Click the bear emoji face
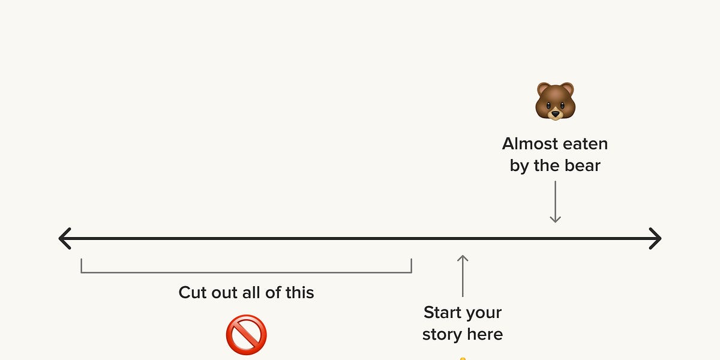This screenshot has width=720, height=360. pos(555,101)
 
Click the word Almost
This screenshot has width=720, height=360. pos(529,144)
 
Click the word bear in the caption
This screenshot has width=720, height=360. pos(584,166)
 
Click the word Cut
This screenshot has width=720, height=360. pos(193,293)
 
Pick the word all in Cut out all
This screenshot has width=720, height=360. pos(255,293)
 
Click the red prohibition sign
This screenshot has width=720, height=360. pos(246,335)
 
